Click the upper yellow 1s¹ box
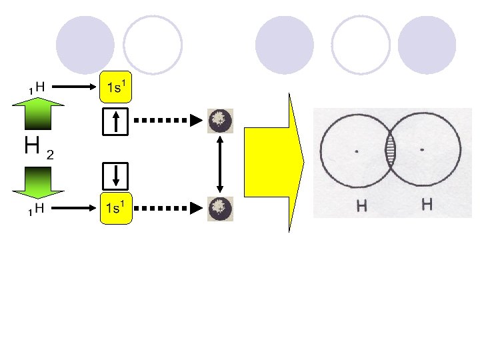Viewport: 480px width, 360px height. (117, 86)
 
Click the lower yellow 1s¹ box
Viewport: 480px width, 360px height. (117, 209)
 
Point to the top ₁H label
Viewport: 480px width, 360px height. (37, 87)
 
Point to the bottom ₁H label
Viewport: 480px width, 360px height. (37, 209)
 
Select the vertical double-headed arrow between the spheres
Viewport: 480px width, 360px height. (219, 164)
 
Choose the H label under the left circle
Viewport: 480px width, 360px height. (361, 206)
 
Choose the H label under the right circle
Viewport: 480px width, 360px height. (427, 204)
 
